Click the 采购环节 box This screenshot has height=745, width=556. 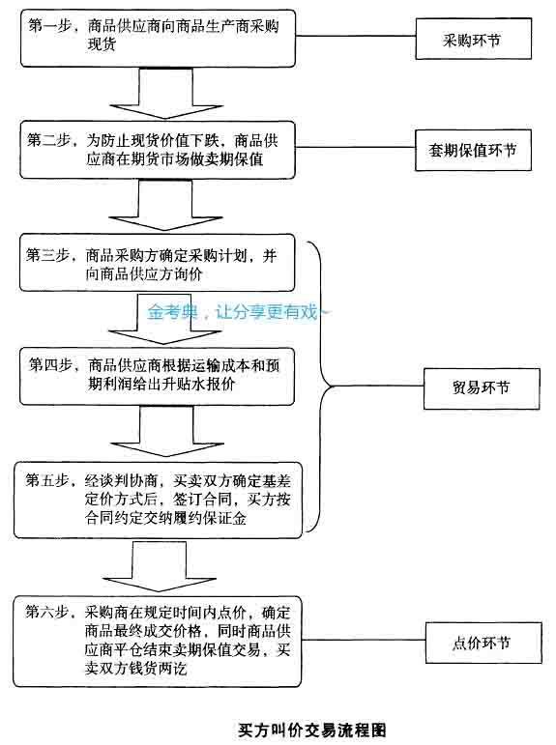(x=473, y=39)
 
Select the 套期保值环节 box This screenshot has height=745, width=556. (x=473, y=150)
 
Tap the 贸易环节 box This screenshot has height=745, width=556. (x=482, y=388)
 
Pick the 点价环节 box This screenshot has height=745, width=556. (x=483, y=643)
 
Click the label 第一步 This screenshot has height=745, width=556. (x=49, y=26)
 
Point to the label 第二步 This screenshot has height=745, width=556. (x=48, y=140)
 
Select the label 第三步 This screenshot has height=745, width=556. (x=47, y=255)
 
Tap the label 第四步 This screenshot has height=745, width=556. (x=50, y=365)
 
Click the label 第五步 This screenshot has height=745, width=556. (x=46, y=480)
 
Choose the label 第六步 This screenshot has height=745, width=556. (x=46, y=612)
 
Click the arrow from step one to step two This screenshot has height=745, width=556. (x=165, y=93)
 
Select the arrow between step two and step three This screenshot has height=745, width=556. (x=165, y=205)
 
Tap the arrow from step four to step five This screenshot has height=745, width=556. (x=166, y=431)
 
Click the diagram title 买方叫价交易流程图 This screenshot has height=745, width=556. (x=312, y=730)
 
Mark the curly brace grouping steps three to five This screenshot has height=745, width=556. (x=322, y=386)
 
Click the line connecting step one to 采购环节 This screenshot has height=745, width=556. (x=355, y=36)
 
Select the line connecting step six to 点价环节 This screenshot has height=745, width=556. (x=364, y=640)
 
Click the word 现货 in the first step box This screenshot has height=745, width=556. (x=102, y=44)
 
